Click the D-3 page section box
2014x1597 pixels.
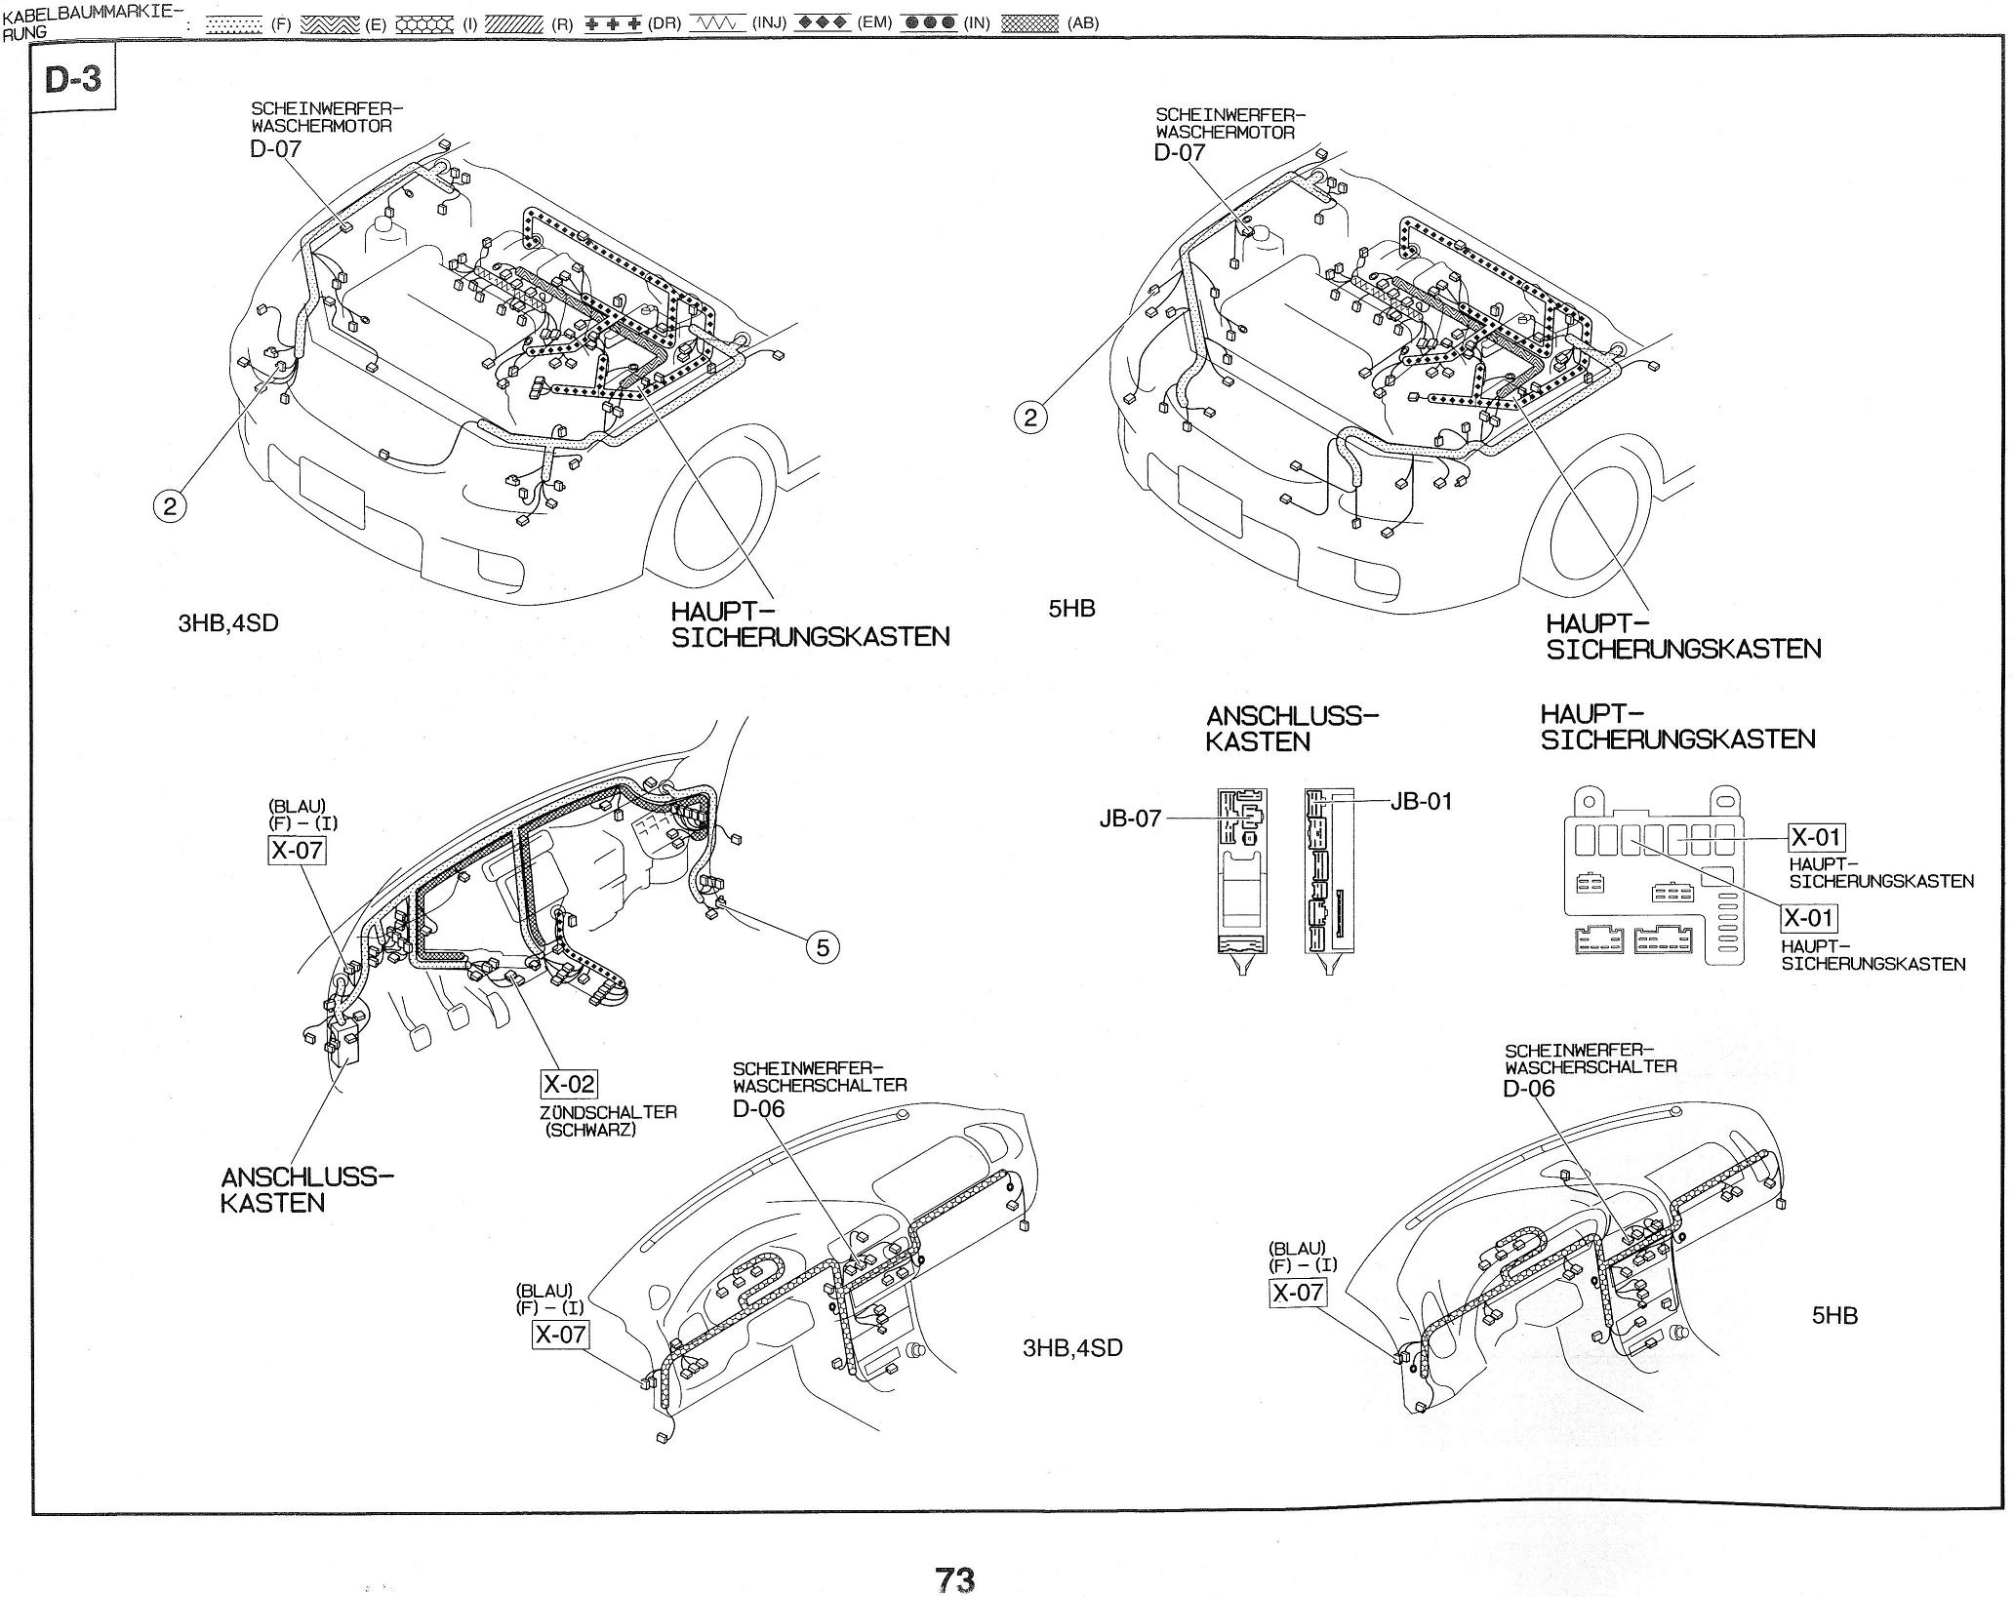coord(73,77)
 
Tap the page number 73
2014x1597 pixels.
coord(954,1577)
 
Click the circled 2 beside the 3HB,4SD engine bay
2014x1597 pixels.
coord(171,505)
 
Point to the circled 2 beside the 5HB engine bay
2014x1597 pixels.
coord(1030,418)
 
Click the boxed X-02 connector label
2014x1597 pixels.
coord(568,1084)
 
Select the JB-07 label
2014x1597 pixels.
coord(1130,818)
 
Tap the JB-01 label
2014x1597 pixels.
coord(1421,801)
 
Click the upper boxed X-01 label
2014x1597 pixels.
coord(1816,837)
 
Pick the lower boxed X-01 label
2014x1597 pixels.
coord(1809,918)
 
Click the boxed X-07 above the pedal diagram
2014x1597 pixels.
coord(297,850)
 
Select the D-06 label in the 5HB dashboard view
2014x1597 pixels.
coord(1528,1088)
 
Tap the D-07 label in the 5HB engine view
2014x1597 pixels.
coord(1179,152)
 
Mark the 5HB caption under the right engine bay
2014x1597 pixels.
coord(1071,609)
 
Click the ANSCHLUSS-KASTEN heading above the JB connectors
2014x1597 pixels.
coord(1291,729)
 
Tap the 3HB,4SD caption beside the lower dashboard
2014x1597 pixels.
coord(1072,1348)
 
